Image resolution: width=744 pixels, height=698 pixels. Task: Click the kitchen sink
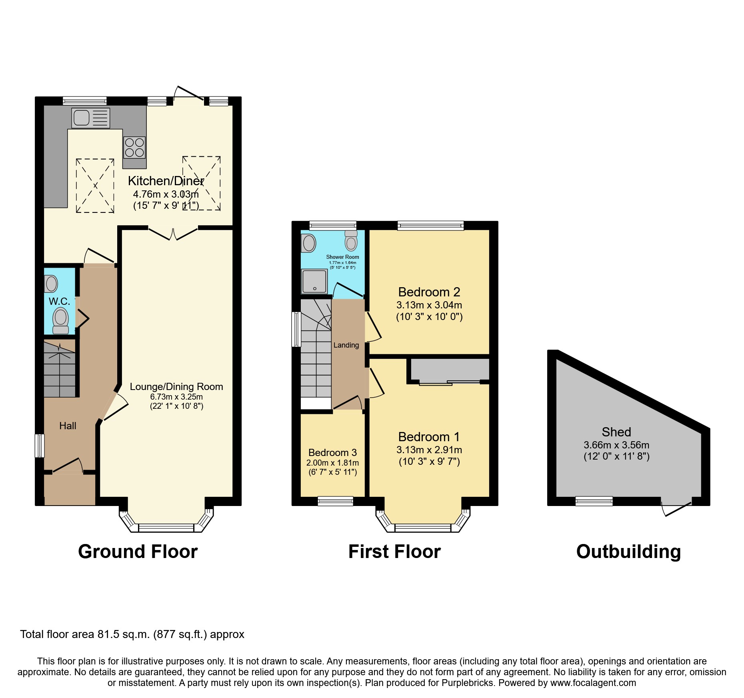pos(90,118)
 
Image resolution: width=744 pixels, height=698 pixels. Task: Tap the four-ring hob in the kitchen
pos(134,148)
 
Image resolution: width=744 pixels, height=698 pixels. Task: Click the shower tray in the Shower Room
pos(314,281)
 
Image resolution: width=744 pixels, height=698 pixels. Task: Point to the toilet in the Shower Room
pos(351,241)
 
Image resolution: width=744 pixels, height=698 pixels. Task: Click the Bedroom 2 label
pos(429,292)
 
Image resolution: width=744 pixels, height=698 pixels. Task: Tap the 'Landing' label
pos(346,345)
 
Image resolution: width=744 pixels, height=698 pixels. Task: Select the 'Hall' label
pos(68,426)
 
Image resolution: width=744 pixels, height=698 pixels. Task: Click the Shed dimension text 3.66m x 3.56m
pos(616,445)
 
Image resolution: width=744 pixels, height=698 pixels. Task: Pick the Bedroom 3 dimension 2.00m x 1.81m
pos(332,463)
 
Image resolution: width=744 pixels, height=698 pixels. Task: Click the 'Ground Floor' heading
pos(138,552)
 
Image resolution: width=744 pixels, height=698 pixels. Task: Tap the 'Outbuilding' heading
pos(628,552)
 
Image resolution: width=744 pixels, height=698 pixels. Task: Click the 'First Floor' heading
pos(394,552)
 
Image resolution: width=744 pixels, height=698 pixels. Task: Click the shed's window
pos(594,501)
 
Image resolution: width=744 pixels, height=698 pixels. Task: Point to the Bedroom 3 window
pos(336,501)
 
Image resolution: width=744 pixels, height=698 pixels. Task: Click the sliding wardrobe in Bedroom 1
pos(450,370)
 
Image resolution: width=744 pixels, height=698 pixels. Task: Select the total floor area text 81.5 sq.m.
pos(132,634)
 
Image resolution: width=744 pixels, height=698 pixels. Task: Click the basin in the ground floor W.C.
pos(51,284)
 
